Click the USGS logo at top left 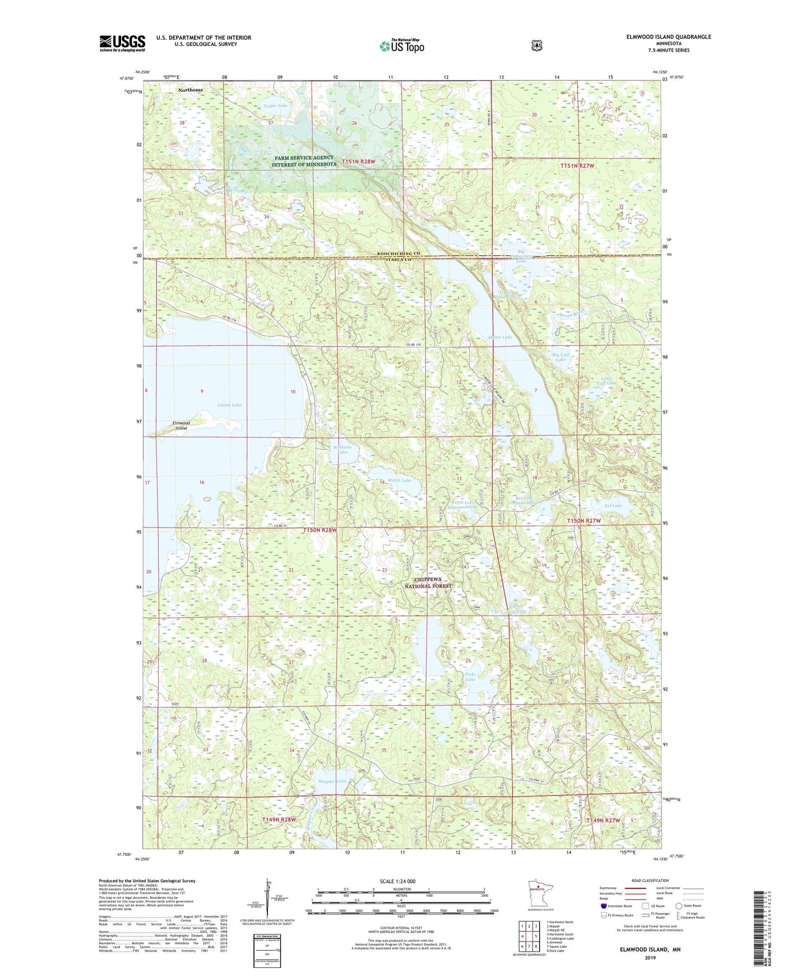tap(122, 43)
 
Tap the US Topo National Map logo tap(401, 46)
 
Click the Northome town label tap(191, 90)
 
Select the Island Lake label tap(229, 404)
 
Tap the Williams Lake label tap(342, 450)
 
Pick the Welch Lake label tap(400, 481)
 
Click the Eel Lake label tap(613, 505)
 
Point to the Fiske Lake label tap(470, 677)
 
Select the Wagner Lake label tap(332, 781)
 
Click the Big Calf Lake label tap(561, 357)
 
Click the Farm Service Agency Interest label tap(303, 161)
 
